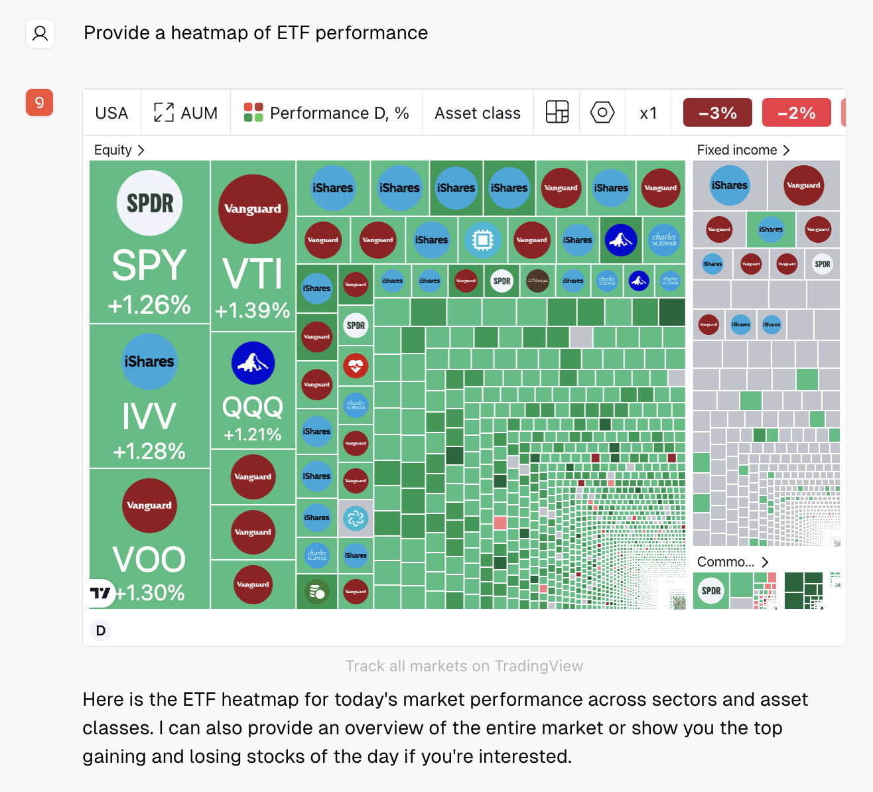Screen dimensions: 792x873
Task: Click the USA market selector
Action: coord(111,113)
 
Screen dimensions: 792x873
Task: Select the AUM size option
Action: coord(186,113)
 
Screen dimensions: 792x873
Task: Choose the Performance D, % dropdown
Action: coord(326,113)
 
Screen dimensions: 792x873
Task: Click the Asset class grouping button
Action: coord(478,113)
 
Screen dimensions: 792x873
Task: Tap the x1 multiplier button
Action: coord(648,113)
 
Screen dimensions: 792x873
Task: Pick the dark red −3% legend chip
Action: coord(718,113)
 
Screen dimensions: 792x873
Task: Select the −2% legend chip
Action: coord(796,113)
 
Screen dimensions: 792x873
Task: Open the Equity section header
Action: coord(119,150)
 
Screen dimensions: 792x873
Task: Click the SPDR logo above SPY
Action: coord(150,203)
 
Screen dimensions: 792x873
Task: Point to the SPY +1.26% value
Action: coord(150,304)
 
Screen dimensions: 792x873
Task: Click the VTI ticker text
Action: coord(253,274)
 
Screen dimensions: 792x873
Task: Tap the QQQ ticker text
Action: coord(253,406)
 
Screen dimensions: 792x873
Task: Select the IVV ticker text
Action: coord(149,417)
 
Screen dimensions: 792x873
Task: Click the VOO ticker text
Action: coord(149,559)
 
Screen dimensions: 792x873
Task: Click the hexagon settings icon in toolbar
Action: coord(602,113)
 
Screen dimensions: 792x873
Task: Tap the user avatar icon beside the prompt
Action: coord(40,33)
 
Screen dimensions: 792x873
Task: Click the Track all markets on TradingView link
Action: coord(464,666)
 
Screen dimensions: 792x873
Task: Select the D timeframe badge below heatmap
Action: coord(101,630)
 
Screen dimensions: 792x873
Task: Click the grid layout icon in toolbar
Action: coord(557,113)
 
